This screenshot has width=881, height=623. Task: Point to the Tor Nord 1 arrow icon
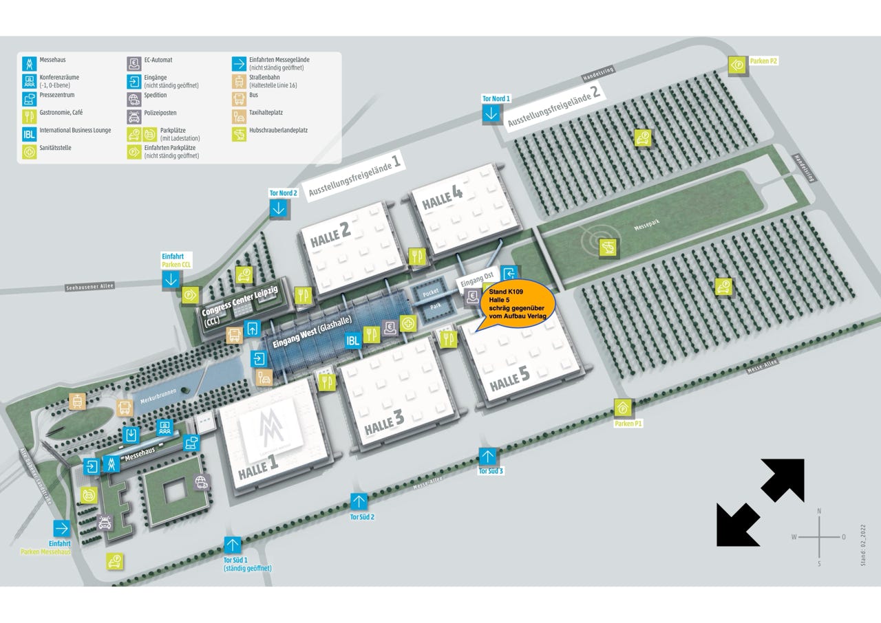point(491,114)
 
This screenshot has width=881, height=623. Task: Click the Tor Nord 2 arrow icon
point(278,208)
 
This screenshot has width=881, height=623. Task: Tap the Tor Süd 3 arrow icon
point(487,457)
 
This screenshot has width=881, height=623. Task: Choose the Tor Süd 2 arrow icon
point(359,501)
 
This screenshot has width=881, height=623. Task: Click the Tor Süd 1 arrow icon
point(233,545)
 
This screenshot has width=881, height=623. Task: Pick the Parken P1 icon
point(622,408)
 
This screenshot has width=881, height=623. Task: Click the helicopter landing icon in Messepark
point(609,248)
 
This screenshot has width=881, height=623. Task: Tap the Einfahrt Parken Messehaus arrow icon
point(62,528)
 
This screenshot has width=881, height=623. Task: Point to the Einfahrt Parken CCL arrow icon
point(171,278)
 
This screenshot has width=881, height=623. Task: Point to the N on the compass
point(819,511)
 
